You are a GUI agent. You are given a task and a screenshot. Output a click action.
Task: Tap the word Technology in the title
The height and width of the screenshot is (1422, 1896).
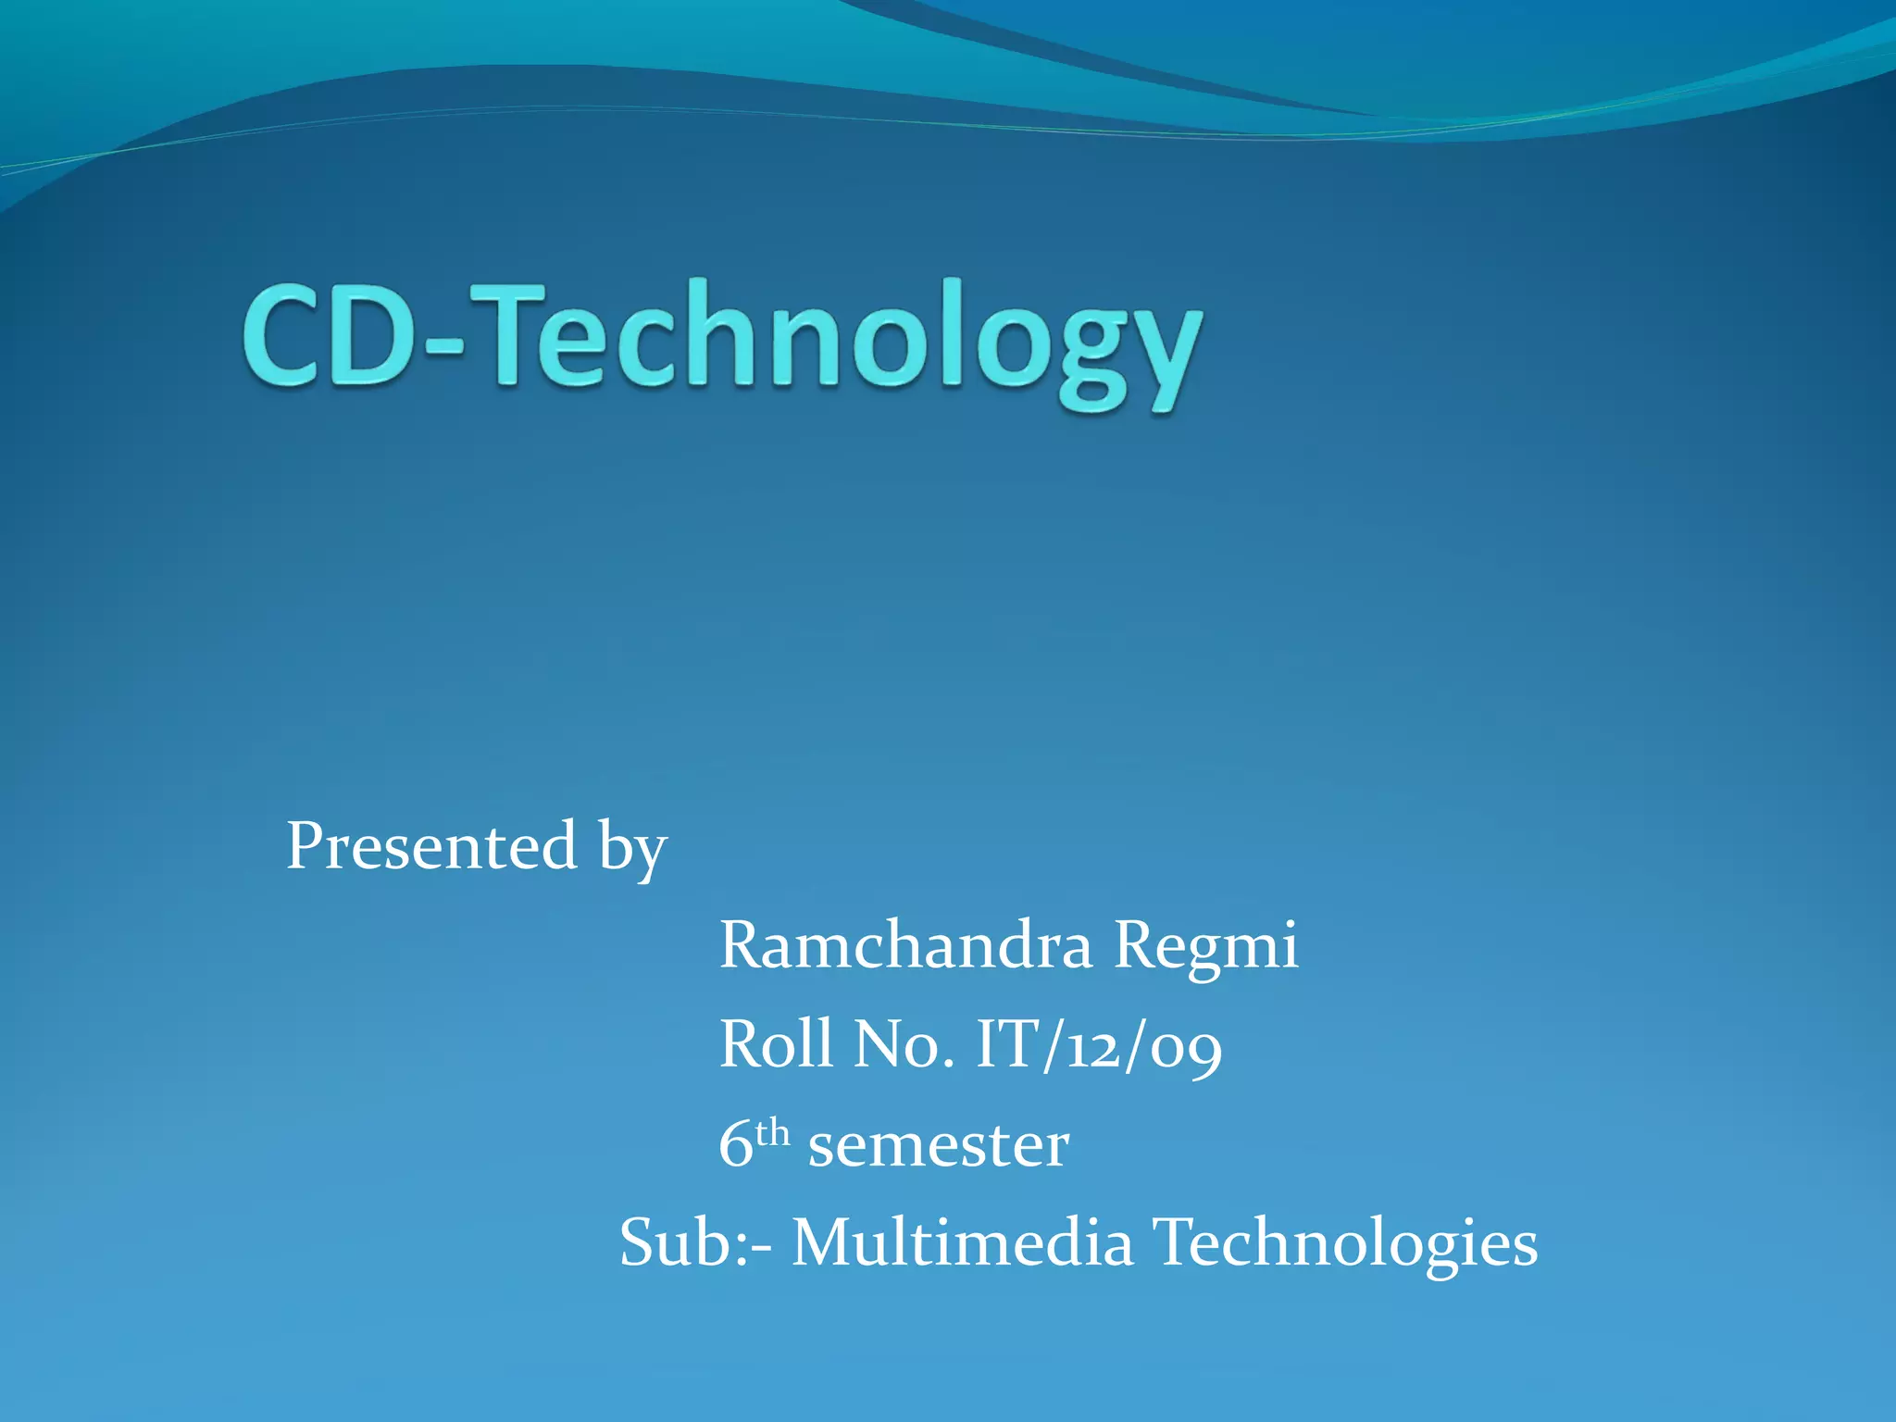pyautogui.click(x=838, y=343)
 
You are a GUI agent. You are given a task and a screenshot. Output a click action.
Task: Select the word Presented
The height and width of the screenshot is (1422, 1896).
pyautogui.click(x=431, y=846)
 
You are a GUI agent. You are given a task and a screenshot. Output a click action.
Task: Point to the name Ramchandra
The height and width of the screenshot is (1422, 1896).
pyautogui.click(x=905, y=946)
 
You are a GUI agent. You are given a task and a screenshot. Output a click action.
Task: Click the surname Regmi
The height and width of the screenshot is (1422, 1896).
pyautogui.click(x=1205, y=948)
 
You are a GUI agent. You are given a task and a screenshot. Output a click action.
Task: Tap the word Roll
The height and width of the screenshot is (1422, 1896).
pyautogui.click(x=776, y=1044)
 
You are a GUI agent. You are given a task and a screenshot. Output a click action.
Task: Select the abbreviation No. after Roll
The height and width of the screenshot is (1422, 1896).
pyautogui.click(x=904, y=1044)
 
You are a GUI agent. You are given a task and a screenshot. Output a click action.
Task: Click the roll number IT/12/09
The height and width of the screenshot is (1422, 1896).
pyautogui.click(x=1099, y=1046)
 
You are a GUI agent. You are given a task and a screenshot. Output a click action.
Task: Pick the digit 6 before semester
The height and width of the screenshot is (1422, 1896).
pyautogui.click(x=735, y=1145)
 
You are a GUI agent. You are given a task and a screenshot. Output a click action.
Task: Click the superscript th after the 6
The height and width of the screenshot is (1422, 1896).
pyautogui.click(x=772, y=1132)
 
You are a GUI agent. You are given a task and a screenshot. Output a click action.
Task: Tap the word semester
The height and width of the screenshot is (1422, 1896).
pyautogui.click(x=938, y=1147)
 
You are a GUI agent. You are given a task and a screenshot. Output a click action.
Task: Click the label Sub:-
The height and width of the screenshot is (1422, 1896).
pyautogui.click(x=695, y=1242)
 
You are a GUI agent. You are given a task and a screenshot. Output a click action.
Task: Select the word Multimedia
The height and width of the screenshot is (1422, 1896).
pyautogui.click(x=963, y=1242)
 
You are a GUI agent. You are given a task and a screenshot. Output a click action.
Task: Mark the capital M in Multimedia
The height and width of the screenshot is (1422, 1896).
pyautogui.click(x=822, y=1242)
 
